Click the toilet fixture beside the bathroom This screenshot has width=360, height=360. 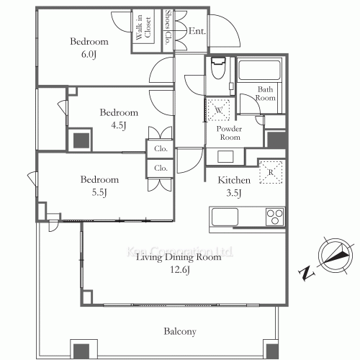tap(218, 68)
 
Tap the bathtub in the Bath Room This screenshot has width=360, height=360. tap(259, 70)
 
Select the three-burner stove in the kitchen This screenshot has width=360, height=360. tap(275, 217)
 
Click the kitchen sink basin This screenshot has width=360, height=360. tap(225, 217)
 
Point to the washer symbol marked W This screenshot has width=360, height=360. tap(218, 109)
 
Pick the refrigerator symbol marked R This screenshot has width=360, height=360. tap(271, 172)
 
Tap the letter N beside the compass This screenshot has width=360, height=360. tap(306, 273)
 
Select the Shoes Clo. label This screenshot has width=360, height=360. tap(168, 27)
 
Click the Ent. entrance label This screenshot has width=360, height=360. tap(197, 31)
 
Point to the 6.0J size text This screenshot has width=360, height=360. tap(89, 55)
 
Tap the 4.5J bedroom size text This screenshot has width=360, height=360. tap(119, 125)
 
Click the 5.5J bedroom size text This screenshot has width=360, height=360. tap(99, 192)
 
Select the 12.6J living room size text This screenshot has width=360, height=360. tap(180, 270)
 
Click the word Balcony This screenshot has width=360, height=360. tap(180, 332)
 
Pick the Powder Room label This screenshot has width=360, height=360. tap(229, 133)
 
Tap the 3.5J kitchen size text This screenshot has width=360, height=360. tap(234, 193)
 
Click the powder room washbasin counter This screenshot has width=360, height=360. tap(225, 157)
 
